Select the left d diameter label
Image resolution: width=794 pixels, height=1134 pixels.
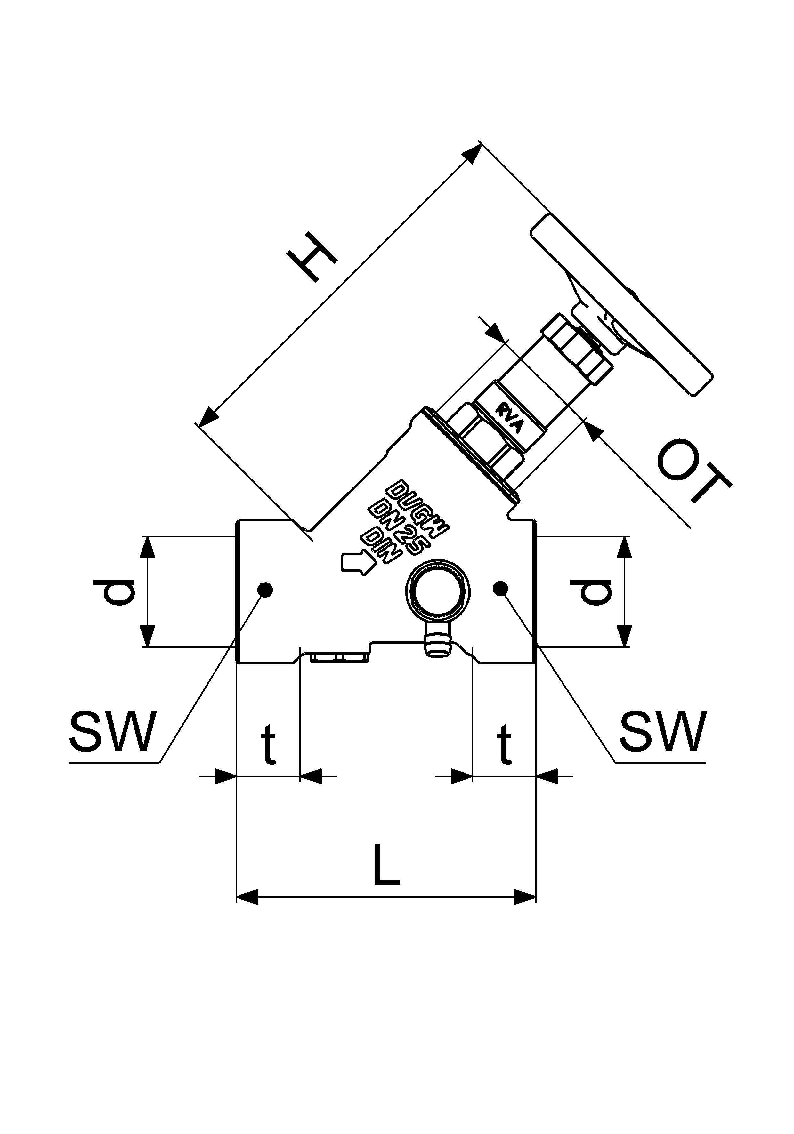114,592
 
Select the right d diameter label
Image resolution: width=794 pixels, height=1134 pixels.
591,592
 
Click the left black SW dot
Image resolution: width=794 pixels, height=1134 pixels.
266,589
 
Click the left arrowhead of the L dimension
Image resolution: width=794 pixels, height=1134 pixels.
247,897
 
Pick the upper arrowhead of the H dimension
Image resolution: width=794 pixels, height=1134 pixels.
471,153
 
